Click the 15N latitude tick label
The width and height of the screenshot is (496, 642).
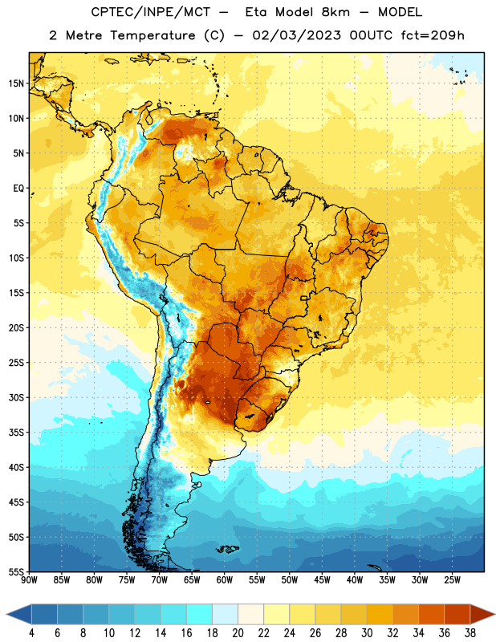(x=16, y=83)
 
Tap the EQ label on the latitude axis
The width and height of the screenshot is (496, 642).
(x=18, y=189)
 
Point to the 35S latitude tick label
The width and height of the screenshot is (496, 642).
(x=16, y=433)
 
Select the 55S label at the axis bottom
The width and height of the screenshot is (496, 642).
(x=16, y=571)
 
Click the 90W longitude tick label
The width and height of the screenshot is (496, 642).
(x=29, y=580)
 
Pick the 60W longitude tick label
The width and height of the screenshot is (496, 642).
(x=225, y=580)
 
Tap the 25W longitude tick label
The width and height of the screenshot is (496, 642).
(x=452, y=580)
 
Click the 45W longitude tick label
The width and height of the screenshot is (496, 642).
(x=322, y=580)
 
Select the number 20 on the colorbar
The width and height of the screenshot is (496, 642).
(x=238, y=633)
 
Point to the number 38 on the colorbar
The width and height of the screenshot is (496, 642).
(x=470, y=633)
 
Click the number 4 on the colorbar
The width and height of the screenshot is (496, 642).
(x=31, y=633)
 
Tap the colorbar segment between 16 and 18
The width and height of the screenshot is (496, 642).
(x=200, y=614)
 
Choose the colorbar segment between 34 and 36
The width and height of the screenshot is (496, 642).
(x=432, y=614)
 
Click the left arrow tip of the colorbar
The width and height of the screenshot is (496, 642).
(x=6, y=614)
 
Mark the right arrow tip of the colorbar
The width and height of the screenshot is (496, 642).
(x=495, y=614)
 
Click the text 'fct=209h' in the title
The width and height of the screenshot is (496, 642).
(x=433, y=35)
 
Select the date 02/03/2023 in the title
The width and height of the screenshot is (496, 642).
(x=296, y=35)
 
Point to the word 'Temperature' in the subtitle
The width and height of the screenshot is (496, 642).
(x=152, y=35)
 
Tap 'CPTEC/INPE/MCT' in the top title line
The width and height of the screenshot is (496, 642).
(x=150, y=12)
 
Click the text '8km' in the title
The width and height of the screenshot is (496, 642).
(x=335, y=12)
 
